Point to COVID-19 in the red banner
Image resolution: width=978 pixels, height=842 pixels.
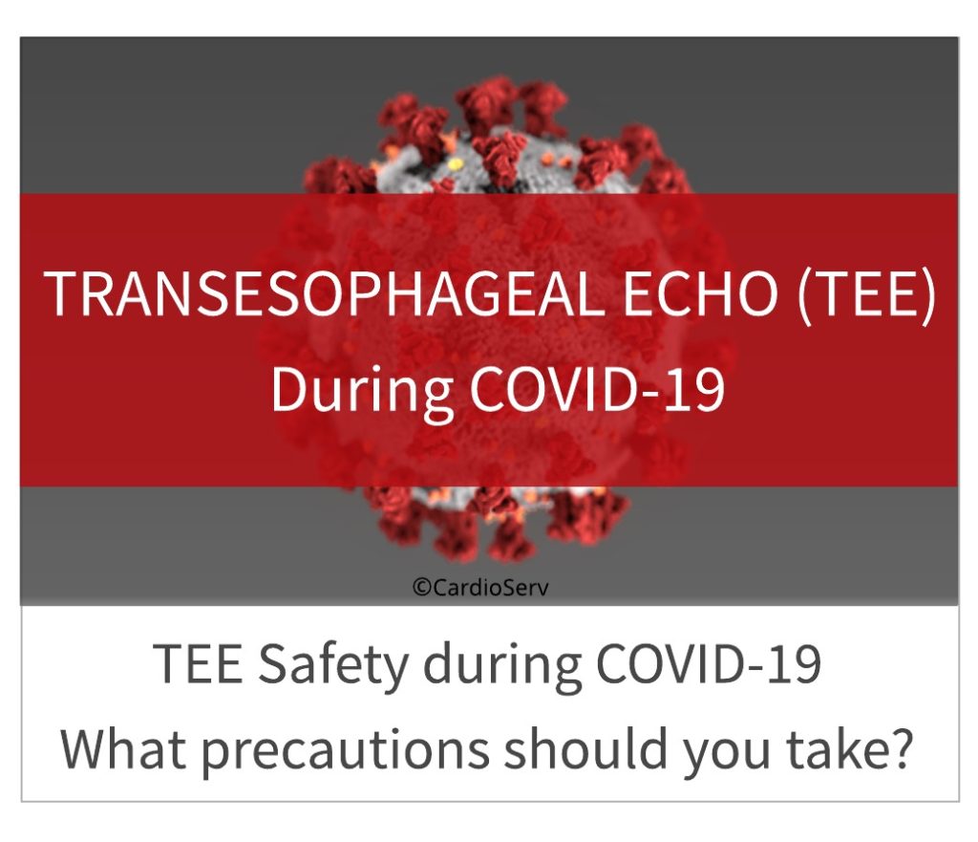click(x=597, y=388)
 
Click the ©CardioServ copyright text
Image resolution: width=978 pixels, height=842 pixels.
click(x=481, y=587)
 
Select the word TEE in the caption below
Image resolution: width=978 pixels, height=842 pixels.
click(x=198, y=664)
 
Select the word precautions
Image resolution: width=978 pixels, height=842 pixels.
click(x=345, y=751)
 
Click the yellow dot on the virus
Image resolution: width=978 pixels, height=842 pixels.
click(x=456, y=164)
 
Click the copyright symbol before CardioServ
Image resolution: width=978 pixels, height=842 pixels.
click(x=421, y=588)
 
